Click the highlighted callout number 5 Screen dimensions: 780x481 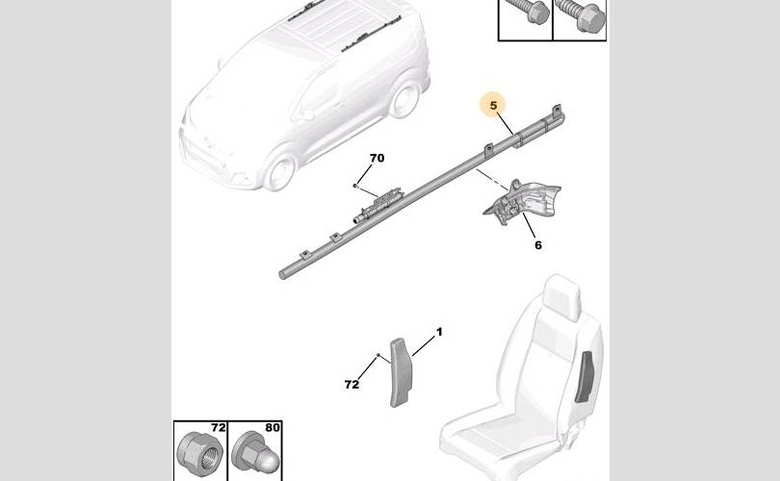pyautogui.click(x=493, y=106)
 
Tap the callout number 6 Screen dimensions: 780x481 pyautogui.click(x=537, y=245)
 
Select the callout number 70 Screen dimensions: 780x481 pyautogui.click(x=377, y=158)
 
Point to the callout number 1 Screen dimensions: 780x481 pyautogui.click(x=439, y=332)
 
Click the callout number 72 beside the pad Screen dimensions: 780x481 pyautogui.click(x=351, y=384)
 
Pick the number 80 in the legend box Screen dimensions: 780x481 pyautogui.click(x=273, y=427)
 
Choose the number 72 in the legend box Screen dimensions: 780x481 pyautogui.click(x=218, y=427)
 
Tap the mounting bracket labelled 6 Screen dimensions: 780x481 pyautogui.click(x=522, y=202)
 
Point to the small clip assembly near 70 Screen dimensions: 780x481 pyautogui.click(x=377, y=205)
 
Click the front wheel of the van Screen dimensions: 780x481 pyautogui.click(x=280, y=171)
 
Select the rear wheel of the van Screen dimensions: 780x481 pyautogui.click(x=403, y=99)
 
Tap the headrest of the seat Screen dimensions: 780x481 pyautogui.click(x=562, y=296)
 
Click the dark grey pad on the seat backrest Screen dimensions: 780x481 pyautogui.click(x=585, y=377)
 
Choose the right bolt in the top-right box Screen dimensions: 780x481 pyautogui.click(x=580, y=11)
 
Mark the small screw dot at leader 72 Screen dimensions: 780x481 pyautogui.click(x=378, y=355)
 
